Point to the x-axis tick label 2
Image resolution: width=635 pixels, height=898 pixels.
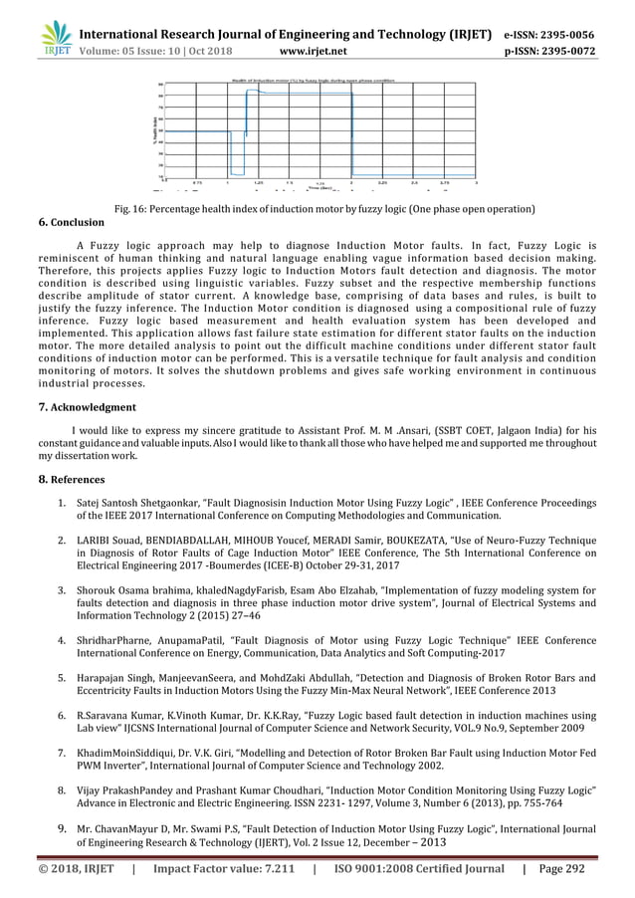tap(351, 183)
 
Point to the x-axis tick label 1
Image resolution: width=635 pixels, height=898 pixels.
tap(228, 183)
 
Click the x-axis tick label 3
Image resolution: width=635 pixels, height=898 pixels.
tap(476, 183)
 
